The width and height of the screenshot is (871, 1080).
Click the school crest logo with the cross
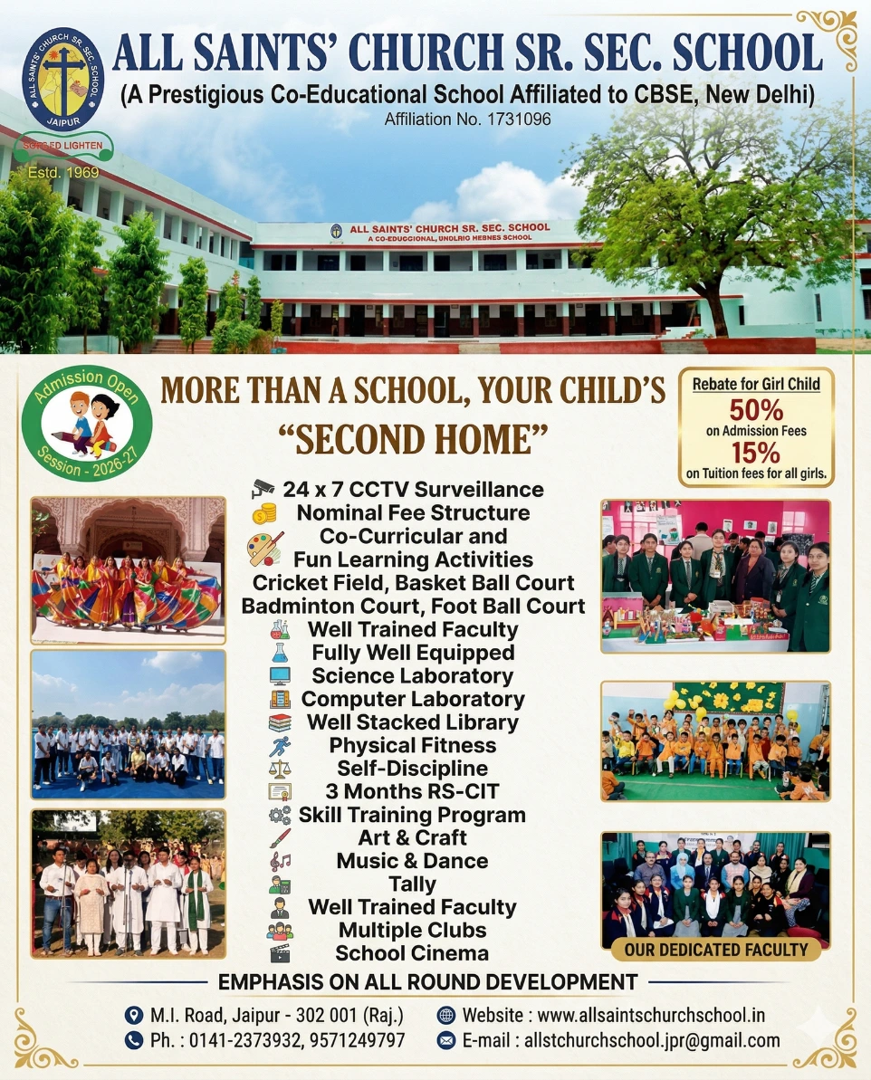click(x=62, y=80)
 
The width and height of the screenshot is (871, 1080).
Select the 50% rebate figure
click(x=756, y=411)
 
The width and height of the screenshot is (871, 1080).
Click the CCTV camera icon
click(x=262, y=490)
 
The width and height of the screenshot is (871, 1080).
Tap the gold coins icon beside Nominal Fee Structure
click(x=263, y=513)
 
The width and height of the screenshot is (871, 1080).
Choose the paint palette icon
click(x=264, y=549)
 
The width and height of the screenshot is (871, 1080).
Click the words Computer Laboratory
click(x=413, y=699)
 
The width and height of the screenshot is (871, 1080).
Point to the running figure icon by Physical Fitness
click(x=280, y=746)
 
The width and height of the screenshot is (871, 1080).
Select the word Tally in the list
click(x=412, y=884)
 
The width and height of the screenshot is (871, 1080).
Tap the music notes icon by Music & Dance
click(x=280, y=861)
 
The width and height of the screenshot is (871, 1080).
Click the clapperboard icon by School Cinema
click(x=280, y=953)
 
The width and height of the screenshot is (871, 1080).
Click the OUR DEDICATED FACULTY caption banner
click(x=715, y=950)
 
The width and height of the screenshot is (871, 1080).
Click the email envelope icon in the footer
click(x=445, y=1040)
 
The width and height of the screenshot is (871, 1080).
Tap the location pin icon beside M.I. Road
click(x=135, y=1015)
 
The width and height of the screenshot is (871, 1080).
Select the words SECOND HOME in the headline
click(x=412, y=439)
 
